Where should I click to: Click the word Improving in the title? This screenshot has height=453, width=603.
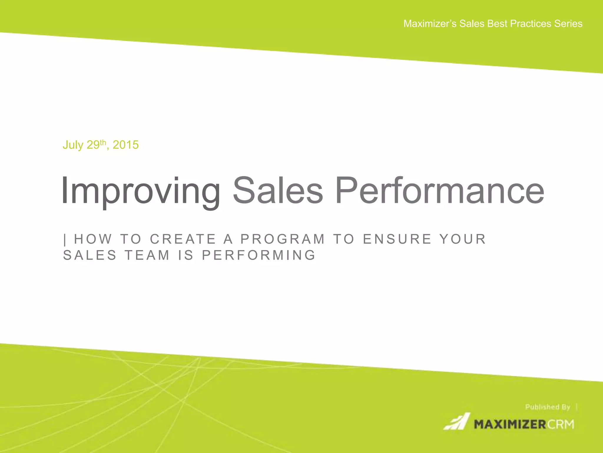click(x=140, y=191)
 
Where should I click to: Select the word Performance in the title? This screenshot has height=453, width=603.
click(x=439, y=191)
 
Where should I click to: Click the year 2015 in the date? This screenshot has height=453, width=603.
click(x=125, y=145)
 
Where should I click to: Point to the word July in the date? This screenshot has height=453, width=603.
click(x=73, y=145)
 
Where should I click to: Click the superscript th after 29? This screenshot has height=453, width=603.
click(x=103, y=142)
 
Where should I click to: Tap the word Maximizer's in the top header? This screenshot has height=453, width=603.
click(x=430, y=24)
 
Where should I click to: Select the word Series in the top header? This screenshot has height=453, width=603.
click(x=568, y=24)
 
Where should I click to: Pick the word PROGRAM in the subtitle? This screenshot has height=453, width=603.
click(x=283, y=239)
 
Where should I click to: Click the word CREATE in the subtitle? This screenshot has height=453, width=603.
click(x=183, y=239)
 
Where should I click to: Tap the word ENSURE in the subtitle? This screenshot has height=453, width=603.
click(x=397, y=239)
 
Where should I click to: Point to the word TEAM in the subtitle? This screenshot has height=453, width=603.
click(x=147, y=255)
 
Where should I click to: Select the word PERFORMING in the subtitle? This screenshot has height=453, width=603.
click(x=259, y=255)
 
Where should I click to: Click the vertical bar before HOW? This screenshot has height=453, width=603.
click(x=65, y=239)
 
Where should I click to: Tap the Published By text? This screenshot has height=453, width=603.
click(x=548, y=407)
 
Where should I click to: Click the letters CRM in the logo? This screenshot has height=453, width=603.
click(x=561, y=425)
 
